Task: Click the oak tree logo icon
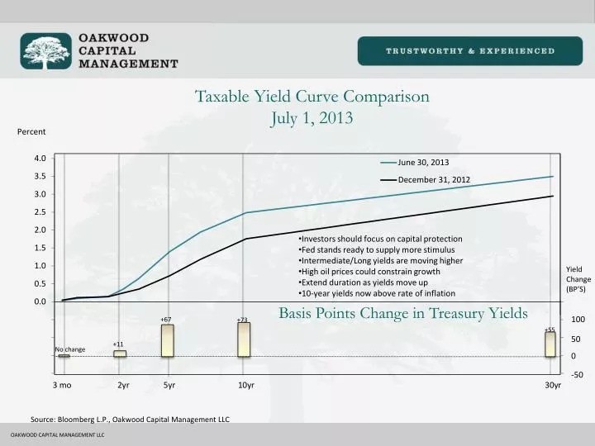pos(47,50)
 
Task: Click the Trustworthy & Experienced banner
pos(470,50)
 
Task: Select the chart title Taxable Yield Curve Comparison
pos(312,96)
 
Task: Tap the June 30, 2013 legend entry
pos(423,162)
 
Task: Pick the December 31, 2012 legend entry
pos(433,179)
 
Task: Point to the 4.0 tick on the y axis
pos(40,158)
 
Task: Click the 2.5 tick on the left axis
pos(40,212)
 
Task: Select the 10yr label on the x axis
pos(245,386)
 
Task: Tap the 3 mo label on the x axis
pos(62,386)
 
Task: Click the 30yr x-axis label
pos(552,386)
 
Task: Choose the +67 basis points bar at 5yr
pos(168,340)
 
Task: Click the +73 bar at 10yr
pos(244,339)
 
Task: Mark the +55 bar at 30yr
pos(550,344)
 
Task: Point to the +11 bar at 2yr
pos(120,353)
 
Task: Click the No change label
pos(70,349)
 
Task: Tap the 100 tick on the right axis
pos(578,320)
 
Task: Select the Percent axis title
pos(31,132)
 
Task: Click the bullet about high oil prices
pos(370,272)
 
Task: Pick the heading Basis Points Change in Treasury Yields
pos(402,313)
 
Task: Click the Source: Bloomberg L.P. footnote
pos(130,420)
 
